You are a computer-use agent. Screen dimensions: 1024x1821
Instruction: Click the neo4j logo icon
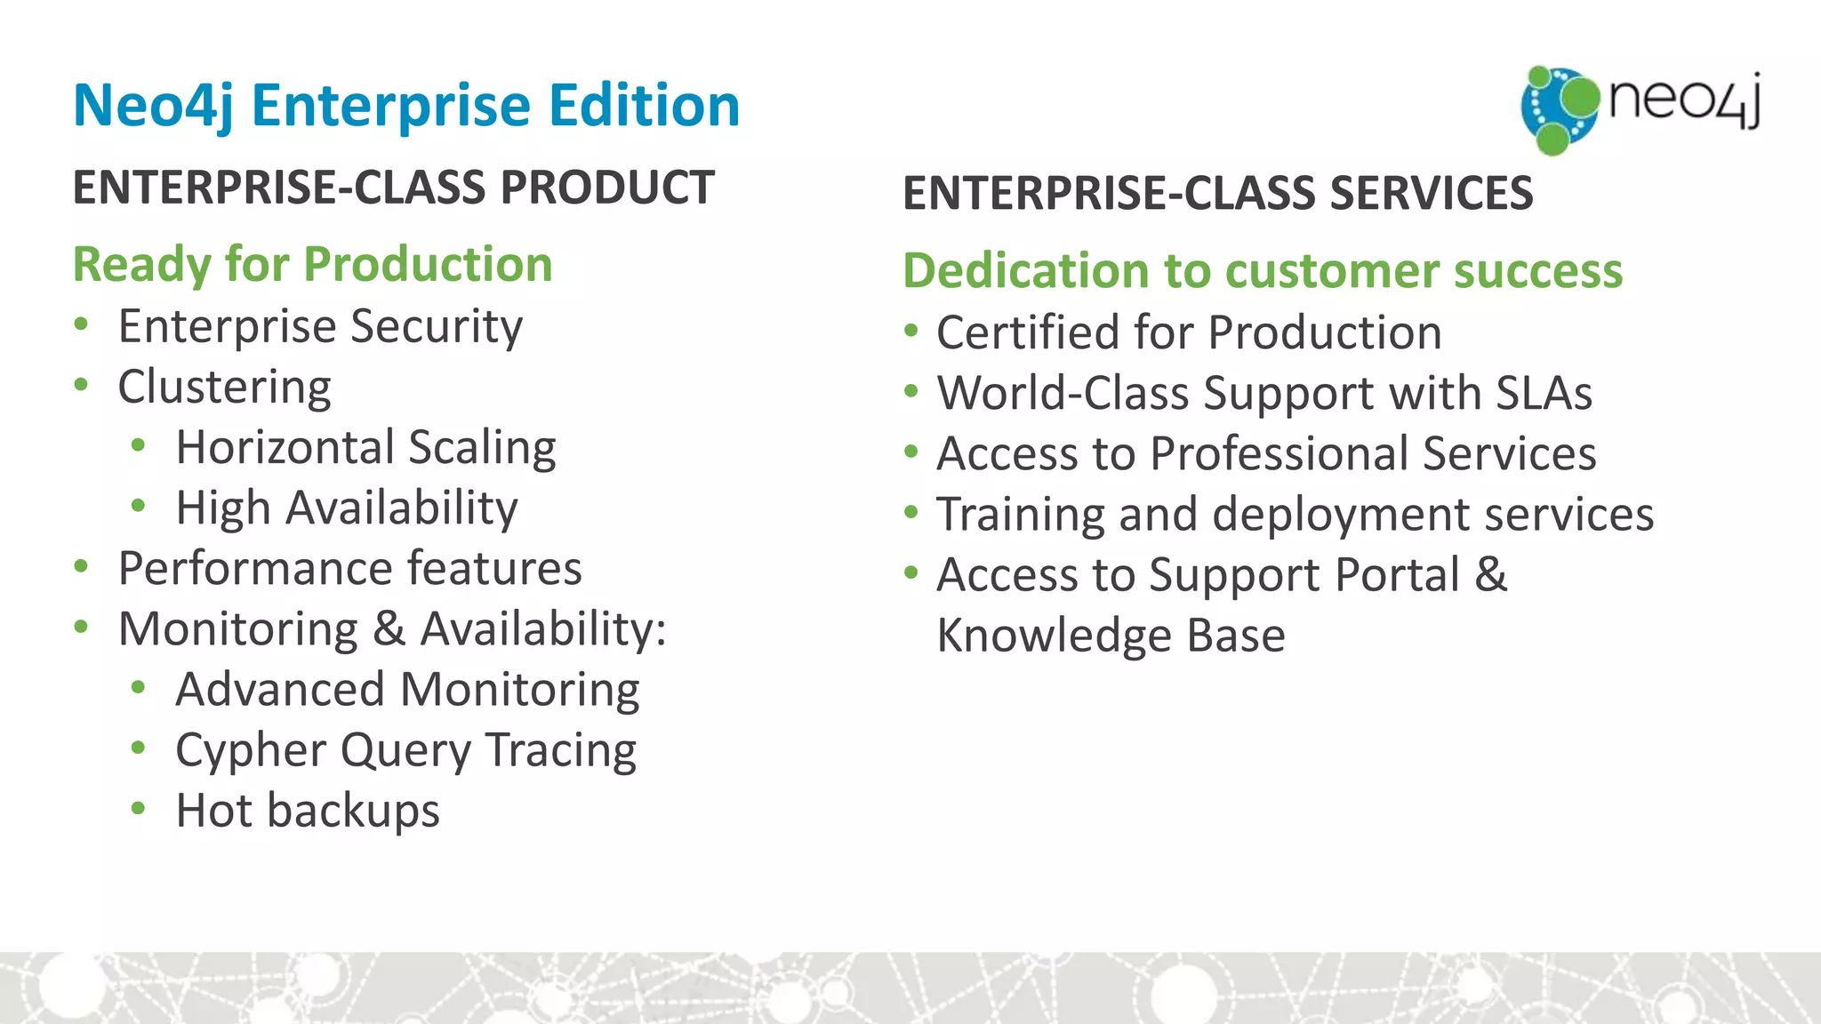(x=1560, y=109)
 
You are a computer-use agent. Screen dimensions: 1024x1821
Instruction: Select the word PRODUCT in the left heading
(x=607, y=188)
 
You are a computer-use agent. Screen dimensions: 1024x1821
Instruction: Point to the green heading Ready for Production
(x=312, y=265)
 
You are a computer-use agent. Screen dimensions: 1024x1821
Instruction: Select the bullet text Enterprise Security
(x=320, y=326)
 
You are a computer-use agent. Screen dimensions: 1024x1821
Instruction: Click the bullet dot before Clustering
(x=82, y=386)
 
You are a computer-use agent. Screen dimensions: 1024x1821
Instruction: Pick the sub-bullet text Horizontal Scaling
(x=365, y=447)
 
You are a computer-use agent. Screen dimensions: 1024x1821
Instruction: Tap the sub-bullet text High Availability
(x=347, y=508)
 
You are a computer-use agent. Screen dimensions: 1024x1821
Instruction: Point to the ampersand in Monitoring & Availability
(x=389, y=629)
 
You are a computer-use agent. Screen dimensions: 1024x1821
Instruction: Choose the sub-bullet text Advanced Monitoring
(x=407, y=690)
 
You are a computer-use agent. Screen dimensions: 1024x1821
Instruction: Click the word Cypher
(x=251, y=751)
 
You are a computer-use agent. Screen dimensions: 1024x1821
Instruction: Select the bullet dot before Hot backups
(x=138, y=809)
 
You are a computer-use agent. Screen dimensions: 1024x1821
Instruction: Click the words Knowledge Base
(x=1111, y=636)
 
